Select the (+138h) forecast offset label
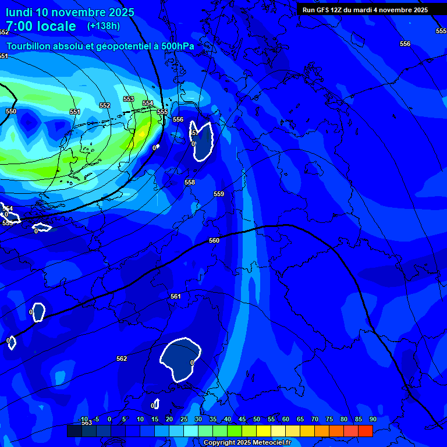point(104,26)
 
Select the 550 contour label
point(11,111)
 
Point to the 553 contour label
point(129,99)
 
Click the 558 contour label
point(190,182)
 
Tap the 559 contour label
point(219,194)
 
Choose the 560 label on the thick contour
point(214,240)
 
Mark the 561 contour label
point(176,296)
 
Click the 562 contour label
point(122,359)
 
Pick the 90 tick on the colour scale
point(372,419)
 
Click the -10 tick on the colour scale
point(83,419)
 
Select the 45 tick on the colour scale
point(242,419)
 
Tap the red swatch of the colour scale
point(365,431)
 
